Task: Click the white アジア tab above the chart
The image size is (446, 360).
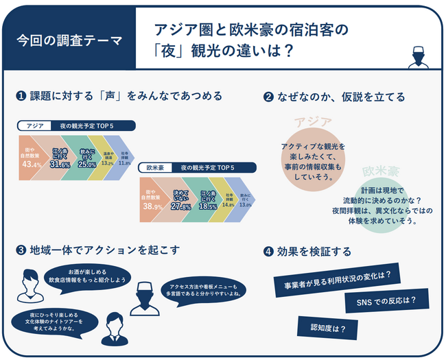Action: tap(35, 127)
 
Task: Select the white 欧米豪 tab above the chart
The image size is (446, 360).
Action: tap(154, 167)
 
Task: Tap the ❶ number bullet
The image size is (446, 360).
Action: tap(21, 97)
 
